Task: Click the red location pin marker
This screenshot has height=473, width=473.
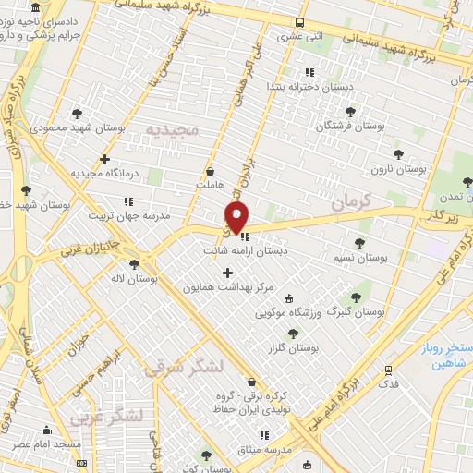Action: point(237,218)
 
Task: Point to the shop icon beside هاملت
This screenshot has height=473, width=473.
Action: point(210,171)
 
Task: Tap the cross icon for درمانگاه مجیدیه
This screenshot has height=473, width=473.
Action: point(105,159)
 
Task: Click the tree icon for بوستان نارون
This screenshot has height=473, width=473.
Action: point(398,154)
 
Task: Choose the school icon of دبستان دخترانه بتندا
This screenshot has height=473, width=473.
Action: point(310,72)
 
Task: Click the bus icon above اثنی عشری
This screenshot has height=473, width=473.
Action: point(298,23)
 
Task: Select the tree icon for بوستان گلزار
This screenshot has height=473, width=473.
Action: point(293,334)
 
